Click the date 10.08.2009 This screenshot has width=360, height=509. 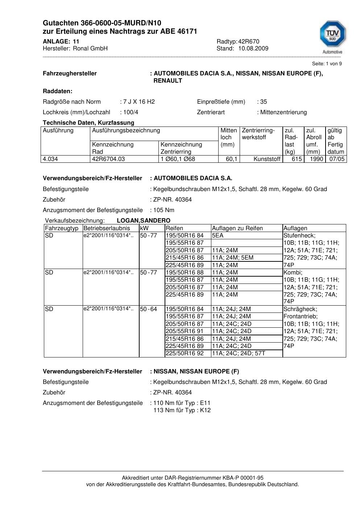click(253, 49)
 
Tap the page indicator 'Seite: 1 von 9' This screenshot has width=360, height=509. click(327, 64)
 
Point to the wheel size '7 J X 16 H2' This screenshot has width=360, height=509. click(139, 102)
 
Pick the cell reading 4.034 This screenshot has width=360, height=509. click(50, 159)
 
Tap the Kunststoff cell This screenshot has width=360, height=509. click(267, 159)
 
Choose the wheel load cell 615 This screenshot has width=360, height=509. click(297, 159)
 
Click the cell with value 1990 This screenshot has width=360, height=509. click(316, 159)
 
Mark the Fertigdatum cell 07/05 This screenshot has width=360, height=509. click(337, 159)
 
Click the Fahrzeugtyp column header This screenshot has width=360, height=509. click(62, 228)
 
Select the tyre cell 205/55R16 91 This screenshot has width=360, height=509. click(185, 331)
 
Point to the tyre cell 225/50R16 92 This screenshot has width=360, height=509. click(185, 353)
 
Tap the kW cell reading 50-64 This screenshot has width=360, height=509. click(149, 309)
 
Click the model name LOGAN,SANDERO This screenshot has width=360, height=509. click(144, 221)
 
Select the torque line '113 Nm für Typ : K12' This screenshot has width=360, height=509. click(182, 411)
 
